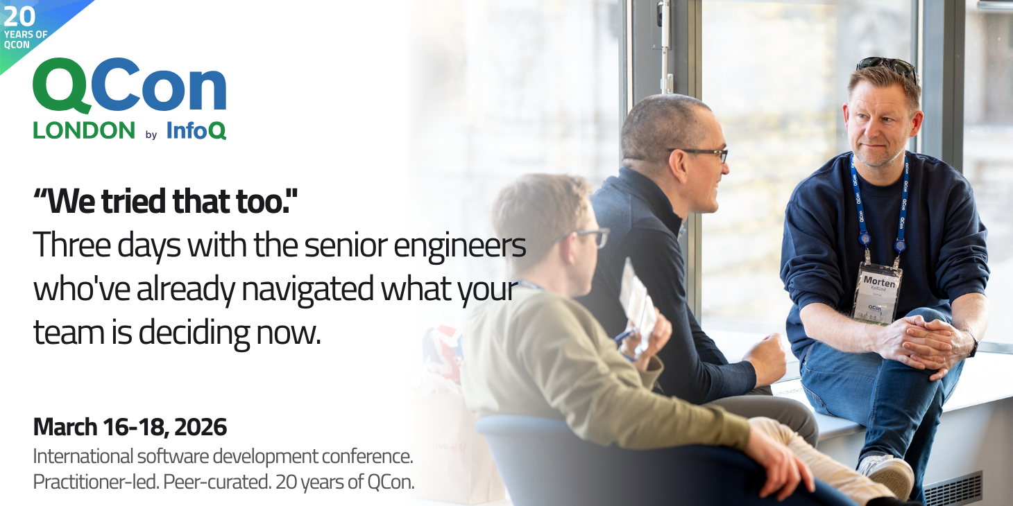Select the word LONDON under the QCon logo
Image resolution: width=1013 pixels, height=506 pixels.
[84, 130]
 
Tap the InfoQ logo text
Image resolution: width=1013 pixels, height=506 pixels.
[196, 130]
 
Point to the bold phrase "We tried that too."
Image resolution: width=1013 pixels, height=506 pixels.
[165, 201]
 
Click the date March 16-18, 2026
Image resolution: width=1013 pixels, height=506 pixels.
[130, 427]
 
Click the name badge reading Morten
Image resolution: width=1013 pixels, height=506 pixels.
[878, 290]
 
